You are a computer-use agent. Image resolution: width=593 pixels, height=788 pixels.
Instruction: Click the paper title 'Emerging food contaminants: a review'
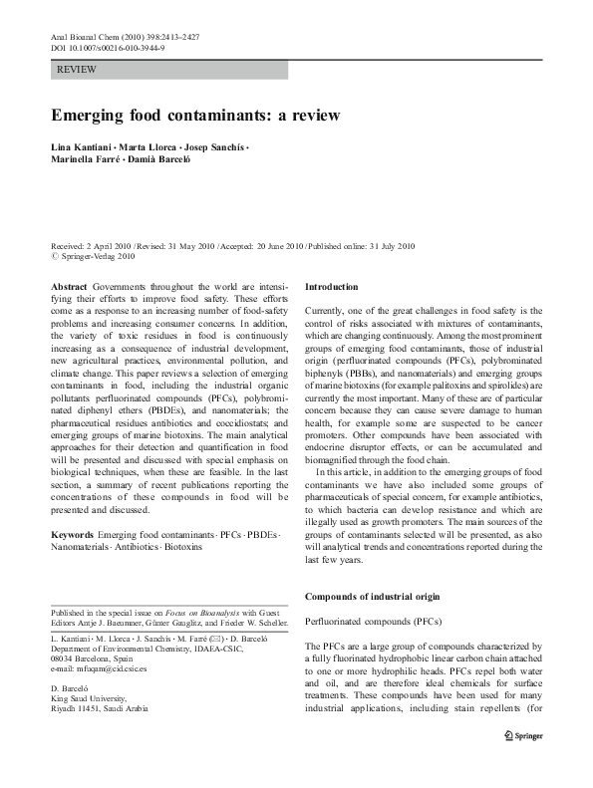click(196, 115)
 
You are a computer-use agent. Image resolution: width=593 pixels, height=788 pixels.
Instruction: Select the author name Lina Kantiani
click(83, 147)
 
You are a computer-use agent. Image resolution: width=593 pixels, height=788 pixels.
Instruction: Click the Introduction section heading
click(337, 285)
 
